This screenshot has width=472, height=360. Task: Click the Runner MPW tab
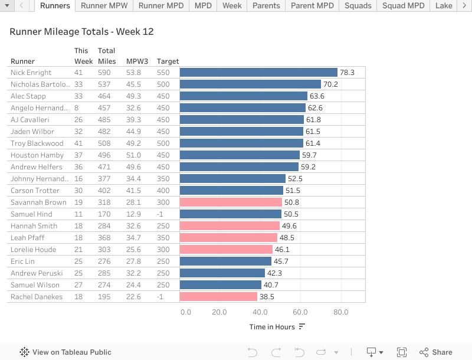point(104,6)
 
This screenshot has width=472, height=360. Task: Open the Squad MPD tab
point(403,6)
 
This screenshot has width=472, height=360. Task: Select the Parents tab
point(266,6)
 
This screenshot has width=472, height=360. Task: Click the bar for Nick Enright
point(258,73)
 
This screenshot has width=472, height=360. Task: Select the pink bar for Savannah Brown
point(231,202)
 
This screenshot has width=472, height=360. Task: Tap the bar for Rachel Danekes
point(218,297)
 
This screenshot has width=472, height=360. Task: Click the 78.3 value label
point(347,73)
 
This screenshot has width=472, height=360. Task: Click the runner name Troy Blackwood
point(37,143)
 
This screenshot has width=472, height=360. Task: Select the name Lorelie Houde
point(34,250)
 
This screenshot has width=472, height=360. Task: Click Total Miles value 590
point(104,73)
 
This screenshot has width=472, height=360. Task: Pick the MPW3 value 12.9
point(133,214)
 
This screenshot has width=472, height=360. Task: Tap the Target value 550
point(163,73)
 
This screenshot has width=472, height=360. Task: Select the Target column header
point(168,61)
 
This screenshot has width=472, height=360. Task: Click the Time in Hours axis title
point(272,327)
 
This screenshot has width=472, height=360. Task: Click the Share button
point(436,352)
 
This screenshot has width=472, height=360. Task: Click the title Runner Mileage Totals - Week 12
point(81,31)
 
